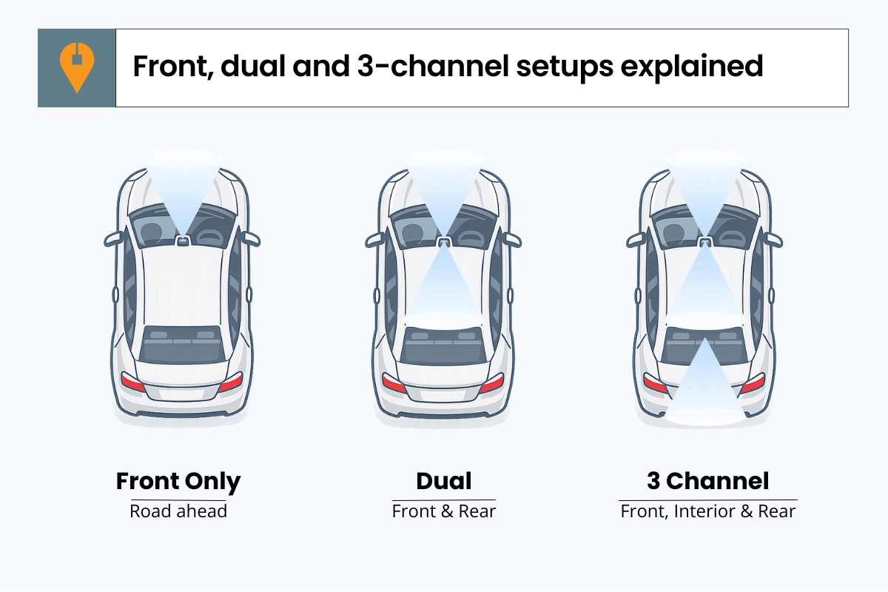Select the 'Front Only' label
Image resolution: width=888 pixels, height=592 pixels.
pos(178,482)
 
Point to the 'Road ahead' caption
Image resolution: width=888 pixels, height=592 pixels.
pos(178,511)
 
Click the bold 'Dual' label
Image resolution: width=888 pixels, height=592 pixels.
pos(444,482)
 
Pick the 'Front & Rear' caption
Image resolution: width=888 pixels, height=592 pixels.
pos(444,511)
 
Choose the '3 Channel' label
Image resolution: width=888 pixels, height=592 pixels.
pos(708,482)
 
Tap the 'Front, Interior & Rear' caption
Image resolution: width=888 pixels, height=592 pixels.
pos(708,511)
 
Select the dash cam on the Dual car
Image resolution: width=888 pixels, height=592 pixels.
pos(444,240)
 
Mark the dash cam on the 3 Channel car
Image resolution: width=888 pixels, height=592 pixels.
pos(705,240)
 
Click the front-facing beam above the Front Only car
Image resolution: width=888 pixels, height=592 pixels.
pos(182,185)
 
